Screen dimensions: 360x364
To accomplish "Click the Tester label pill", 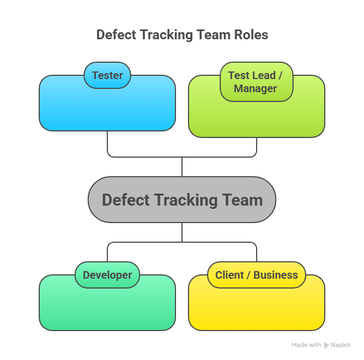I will click(107, 75).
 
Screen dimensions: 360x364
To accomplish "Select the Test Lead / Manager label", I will click(256, 82).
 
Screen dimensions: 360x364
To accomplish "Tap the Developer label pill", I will click(107, 275).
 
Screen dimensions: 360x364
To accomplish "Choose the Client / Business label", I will click(256, 275).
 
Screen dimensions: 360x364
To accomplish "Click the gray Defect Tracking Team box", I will click(182, 200).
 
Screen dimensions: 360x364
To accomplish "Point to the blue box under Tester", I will click(107, 109).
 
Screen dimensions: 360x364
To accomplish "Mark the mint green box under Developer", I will click(107, 308).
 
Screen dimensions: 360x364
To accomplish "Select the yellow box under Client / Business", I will click(256, 308).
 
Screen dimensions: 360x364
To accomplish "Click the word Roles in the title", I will click(250, 35).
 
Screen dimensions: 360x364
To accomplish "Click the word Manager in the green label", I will click(256, 88).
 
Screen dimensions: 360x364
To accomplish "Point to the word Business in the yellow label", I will click(276, 275).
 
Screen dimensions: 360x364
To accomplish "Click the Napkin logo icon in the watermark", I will click(326, 345).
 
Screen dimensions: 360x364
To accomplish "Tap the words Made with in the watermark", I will click(306, 345).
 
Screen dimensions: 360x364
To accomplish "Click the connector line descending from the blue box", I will click(107, 143).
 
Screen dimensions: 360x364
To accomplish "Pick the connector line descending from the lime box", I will click(257, 146).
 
